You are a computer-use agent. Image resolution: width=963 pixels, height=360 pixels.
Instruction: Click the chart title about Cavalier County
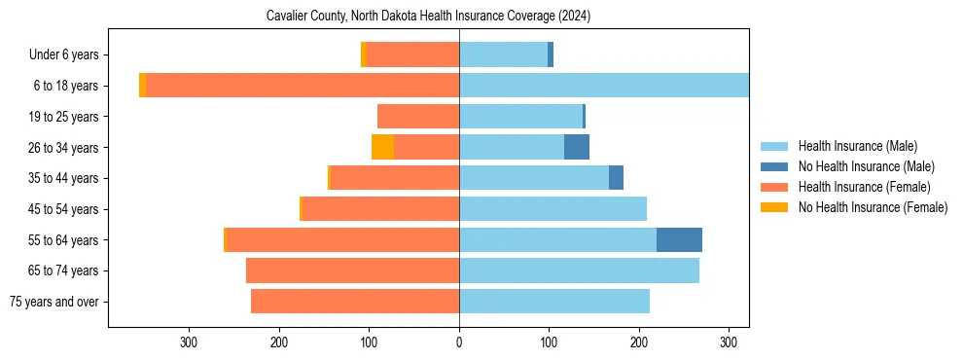428,17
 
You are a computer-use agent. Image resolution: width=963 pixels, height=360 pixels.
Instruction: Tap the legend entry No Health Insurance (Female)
873,207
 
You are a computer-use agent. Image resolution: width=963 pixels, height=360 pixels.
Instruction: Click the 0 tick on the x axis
459,342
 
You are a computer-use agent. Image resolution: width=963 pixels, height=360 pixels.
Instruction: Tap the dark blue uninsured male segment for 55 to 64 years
679,240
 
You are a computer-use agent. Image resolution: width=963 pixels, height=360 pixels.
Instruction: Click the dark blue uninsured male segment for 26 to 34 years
577,148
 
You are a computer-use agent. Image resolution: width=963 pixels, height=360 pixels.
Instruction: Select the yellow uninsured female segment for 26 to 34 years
382,148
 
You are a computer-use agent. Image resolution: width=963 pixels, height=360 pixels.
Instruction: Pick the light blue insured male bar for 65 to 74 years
579,270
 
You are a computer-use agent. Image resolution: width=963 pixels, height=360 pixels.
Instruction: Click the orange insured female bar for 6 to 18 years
302,86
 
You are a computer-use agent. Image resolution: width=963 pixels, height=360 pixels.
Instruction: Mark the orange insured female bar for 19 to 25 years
418,117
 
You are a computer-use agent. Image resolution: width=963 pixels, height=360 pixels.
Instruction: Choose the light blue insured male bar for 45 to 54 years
553,209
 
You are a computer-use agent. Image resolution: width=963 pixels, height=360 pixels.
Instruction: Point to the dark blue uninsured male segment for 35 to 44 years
616,178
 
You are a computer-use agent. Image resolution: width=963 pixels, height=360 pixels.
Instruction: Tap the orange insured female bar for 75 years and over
355,302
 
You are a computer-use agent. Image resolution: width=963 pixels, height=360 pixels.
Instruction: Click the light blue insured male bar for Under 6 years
503,55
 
